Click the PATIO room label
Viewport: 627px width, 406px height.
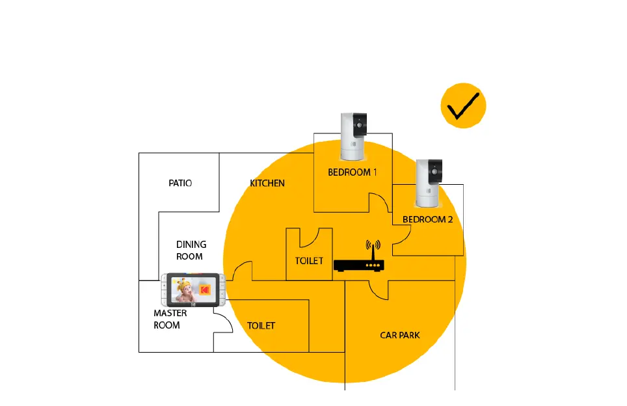coord(180,183)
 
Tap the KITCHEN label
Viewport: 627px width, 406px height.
coord(267,183)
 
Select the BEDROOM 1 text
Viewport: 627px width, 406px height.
coord(352,172)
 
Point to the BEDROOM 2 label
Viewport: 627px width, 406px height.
coord(427,219)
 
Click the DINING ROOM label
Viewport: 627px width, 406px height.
coord(191,250)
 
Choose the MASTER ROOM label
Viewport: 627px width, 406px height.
coord(170,319)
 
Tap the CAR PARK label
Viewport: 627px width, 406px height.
coord(400,335)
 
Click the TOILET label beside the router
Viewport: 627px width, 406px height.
coord(309,261)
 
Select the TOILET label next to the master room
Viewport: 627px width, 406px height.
coord(261,325)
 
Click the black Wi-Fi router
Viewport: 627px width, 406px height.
coord(359,265)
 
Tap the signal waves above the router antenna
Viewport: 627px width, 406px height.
coord(373,247)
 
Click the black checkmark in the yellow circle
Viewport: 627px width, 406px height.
coord(463,105)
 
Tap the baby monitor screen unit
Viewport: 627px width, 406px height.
coord(194,290)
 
